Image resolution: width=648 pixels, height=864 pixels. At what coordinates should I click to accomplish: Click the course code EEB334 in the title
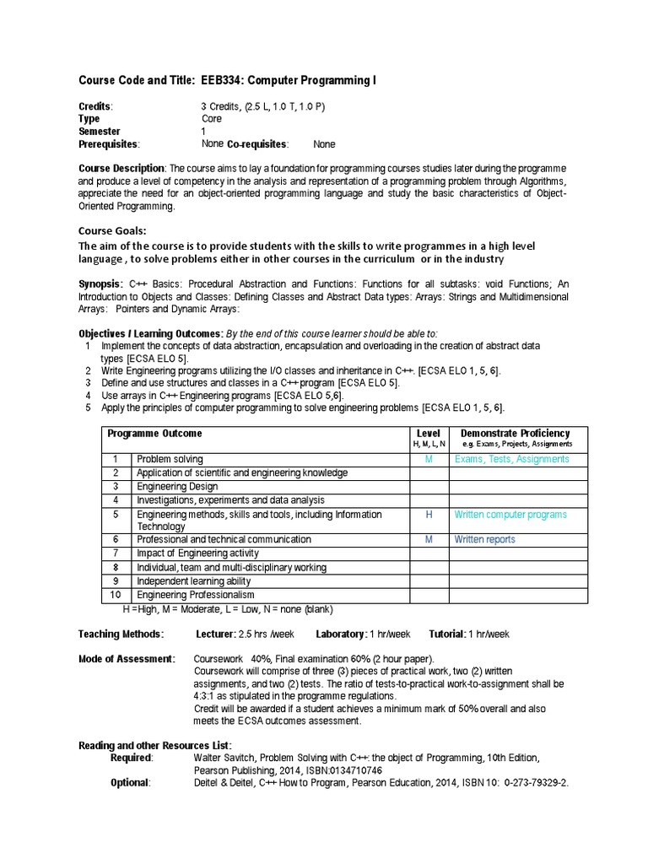click(222, 81)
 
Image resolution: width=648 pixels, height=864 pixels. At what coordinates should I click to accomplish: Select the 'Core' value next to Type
click(211, 119)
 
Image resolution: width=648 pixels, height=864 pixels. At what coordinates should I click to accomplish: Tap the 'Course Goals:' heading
click(112, 230)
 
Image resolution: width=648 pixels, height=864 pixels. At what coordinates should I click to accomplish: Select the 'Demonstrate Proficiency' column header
click(515, 433)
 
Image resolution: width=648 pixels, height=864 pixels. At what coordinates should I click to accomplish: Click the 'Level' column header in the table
click(429, 433)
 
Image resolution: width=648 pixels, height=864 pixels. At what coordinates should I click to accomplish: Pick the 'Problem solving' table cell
click(170, 460)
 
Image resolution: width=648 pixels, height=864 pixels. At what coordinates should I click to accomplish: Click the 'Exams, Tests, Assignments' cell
click(511, 460)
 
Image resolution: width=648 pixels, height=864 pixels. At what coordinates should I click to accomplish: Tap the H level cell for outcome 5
click(429, 515)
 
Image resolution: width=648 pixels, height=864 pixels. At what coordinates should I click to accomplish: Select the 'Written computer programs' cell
click(510, 515)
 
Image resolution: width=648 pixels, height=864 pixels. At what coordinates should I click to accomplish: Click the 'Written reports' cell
click(484, 540)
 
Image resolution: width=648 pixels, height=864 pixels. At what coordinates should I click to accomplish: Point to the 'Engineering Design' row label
click(177, 487)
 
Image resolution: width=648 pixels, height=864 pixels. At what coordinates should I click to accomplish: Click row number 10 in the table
click(116, 596)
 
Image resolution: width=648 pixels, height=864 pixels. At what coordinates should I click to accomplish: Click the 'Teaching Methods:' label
click(121, 634)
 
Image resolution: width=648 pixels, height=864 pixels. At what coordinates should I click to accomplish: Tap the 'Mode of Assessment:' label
click(127, 659)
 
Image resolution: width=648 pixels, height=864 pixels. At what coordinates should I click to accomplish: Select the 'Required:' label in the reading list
click(132, 759)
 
